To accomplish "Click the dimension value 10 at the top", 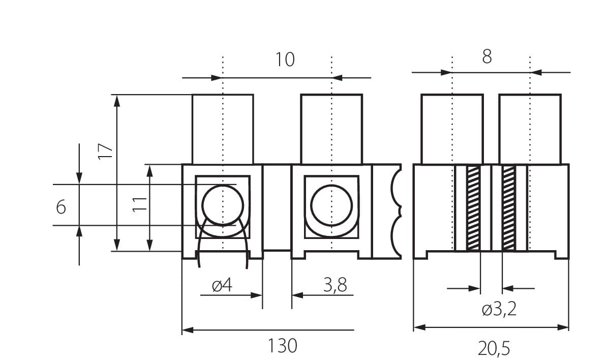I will pos(285,60).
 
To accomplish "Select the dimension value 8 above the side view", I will pos(486,56).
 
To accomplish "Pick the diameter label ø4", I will pos(222,286).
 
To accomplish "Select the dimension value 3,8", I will pos(335,285).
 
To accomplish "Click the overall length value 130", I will pos(282,346).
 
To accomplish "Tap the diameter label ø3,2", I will pos(499,309).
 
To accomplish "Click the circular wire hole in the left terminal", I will pos(222,205).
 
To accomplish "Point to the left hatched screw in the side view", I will pos(473,208).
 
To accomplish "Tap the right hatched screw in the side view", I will pos(508,208).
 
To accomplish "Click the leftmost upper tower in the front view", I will pos(222,129).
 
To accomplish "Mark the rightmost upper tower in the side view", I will pos(530,129).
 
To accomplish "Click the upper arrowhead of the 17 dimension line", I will pos(117,100).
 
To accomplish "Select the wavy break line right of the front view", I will pos(395,211).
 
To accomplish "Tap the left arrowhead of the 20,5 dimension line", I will pos(418,327).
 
